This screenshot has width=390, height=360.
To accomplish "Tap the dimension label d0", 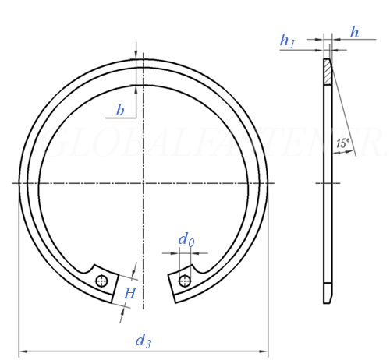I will click(x=186, y=240).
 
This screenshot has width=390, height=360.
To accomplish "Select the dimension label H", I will click(x=131, y=293).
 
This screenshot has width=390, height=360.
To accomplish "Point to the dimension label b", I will click(x=120, y=111).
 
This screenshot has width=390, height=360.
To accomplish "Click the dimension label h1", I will click(x=288, y=41).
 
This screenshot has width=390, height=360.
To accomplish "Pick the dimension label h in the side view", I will click(x=355, y=32).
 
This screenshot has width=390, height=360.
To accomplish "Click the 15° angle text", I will click(x=342, y=143).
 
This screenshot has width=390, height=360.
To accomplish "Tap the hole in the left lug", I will click(x=101, y=281).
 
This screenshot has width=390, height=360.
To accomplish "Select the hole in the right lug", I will click(x=184, y=281).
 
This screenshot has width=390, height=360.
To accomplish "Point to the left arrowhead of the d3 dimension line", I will click(x=22, y=350).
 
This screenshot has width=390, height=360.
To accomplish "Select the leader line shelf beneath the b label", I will click(x=121, y=118).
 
